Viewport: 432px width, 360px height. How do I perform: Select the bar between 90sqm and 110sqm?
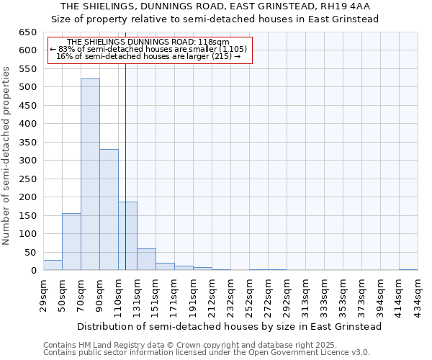(x=109, y=210)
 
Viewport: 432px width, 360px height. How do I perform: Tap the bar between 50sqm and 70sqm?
(x=71, y=242)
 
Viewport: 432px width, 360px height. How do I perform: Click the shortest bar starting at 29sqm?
(x=53, y=265)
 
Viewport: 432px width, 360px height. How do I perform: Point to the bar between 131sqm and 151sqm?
(x=146, y=259)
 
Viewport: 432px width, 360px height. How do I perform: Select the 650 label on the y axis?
(x=27, y=32)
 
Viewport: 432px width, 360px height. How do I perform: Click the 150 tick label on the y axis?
(x=27, y=215)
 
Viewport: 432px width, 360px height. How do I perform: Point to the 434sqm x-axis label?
(x=418, y=293)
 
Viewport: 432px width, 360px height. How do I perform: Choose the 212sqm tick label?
(x=212, y=293)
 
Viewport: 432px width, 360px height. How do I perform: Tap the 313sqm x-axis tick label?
(x=305, y=293)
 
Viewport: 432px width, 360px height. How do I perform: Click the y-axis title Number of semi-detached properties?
(x=7, y=156)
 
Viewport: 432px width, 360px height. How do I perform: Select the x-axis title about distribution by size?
(x=229, y=326)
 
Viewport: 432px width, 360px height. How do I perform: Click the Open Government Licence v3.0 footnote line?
(x=207, y=352)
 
